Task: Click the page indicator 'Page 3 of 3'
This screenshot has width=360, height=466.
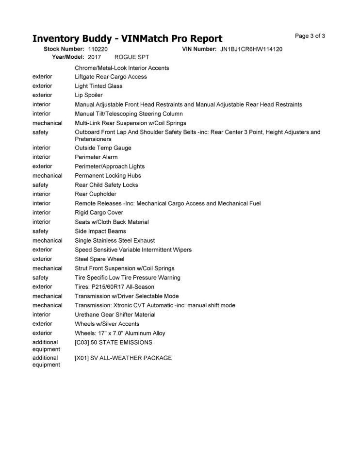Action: tap(310, 36)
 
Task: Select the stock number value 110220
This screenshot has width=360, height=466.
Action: tap(98, 49)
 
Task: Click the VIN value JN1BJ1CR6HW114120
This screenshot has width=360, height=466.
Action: tap(251, 49)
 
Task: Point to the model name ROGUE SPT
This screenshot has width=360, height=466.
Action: tap(131, 57)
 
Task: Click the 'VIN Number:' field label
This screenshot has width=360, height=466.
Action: tap(199, 49)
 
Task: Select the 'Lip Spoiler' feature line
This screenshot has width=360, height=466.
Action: tap(89, 95)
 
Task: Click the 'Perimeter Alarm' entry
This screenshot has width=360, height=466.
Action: tap(96, 157)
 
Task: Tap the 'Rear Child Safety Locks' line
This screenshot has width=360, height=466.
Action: tap(106, 185)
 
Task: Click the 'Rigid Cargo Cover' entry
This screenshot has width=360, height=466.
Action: tap(99, 213)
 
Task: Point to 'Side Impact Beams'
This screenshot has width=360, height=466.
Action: tap(100, 231)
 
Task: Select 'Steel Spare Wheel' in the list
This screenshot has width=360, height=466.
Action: tap(99, 259)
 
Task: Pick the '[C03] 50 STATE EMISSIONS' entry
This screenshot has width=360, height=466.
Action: tap(114, 342)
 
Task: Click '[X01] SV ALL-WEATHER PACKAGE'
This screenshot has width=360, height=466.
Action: tap(123, 358)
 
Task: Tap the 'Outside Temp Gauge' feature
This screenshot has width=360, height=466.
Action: tap(103, 148)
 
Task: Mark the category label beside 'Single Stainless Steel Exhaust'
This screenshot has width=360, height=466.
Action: tap(48, 240)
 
